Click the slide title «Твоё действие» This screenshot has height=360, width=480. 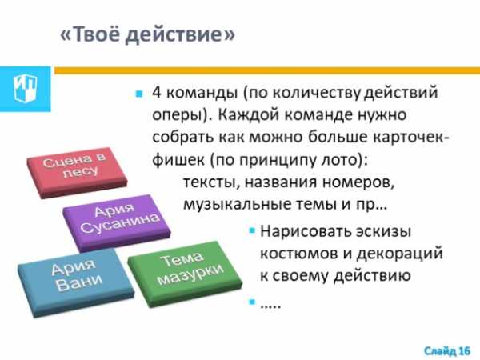(147, 34)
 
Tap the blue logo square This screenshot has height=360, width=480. (25, 89)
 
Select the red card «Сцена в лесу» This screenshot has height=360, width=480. (77, 173)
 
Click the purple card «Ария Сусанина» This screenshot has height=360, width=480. (117, 222)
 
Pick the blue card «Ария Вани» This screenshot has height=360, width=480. (76, 282)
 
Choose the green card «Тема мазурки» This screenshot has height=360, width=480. (185, 273)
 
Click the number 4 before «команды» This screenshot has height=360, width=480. (157, 92)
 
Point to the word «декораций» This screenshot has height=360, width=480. (400, 254)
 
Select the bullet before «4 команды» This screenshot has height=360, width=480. (139, 94)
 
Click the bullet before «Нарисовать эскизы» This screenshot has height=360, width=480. (252, 230)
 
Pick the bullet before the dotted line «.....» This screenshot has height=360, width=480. (252, 302)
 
